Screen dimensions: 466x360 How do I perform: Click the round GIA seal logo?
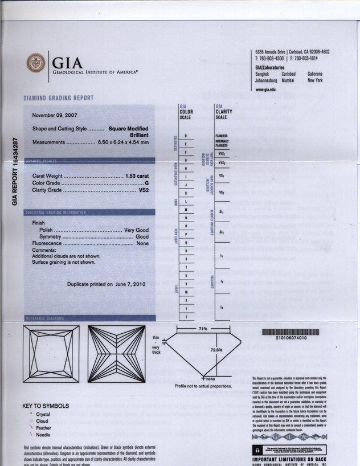point(36,63)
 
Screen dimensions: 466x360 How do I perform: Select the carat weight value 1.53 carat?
point(137,175)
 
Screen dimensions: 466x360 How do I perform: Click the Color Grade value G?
point(146,183)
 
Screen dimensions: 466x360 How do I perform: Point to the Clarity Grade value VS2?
point(144,190)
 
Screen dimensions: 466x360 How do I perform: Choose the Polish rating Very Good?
point(137,230)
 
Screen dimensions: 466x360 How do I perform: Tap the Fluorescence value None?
point(142,243)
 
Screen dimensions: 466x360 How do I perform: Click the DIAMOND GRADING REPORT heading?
point(58,98)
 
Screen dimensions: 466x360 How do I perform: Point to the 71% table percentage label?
point(202,330)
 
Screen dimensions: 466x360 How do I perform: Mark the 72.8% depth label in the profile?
point(216,350)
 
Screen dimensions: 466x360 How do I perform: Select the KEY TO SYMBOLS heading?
point(46,406)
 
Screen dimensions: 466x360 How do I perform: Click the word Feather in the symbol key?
point(43,428)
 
